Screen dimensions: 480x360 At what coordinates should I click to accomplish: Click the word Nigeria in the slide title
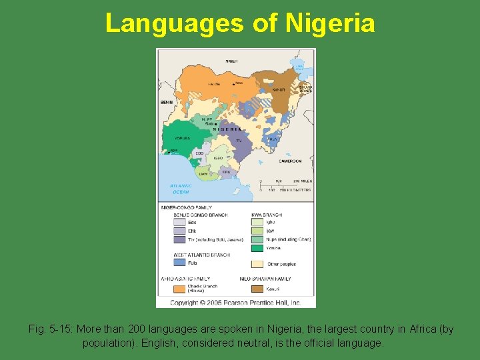(330, 23)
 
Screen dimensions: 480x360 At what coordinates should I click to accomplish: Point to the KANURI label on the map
(278, 89)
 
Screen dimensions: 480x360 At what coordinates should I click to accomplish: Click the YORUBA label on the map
(182, 139)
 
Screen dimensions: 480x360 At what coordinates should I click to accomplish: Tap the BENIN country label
(166, 102)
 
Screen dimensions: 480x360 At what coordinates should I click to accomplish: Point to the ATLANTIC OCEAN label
(180, 189)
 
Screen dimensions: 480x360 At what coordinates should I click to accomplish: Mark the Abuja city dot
(216, 124)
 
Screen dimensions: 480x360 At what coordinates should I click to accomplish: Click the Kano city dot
(234, 84)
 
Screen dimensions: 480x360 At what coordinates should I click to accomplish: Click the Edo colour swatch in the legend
(179, 223)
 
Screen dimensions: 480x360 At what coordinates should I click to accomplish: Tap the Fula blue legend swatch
(179, 263)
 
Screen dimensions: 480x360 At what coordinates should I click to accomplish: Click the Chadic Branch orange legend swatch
(179, 289)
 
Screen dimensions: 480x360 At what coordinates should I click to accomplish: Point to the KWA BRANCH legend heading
(266, 215)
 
